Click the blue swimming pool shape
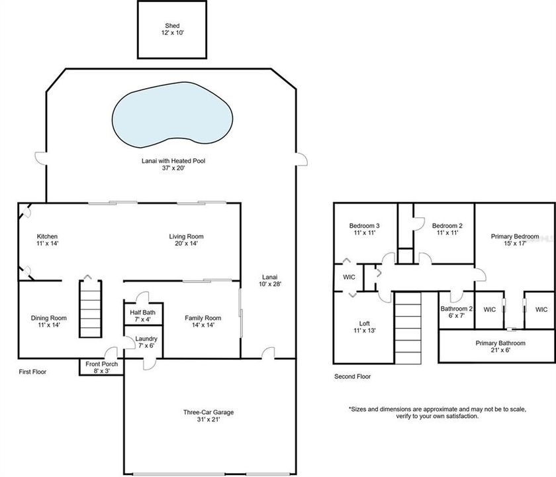click(x=173, y=118)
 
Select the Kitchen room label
click(x=48, y=240)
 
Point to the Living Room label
click(x=186, y=240)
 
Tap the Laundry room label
click(x=146, y=341)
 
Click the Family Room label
click(x=203, y=321)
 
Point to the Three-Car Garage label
click(x=208, y=415)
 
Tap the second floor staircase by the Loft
click(x=408, y=329)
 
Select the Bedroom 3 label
click(x=364, y=229)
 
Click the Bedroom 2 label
click(x=447, y=229)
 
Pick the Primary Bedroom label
click(x=515, y=240)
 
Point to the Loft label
click(x=365, y=327)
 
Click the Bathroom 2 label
click(x=457, y=312)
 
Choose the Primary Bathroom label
click(x=500, y=346)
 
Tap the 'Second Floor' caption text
click(x=352, y=376)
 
